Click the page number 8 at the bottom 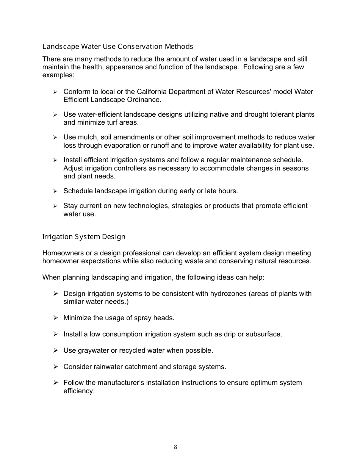175,447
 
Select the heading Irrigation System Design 84,237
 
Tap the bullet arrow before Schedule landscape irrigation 55,191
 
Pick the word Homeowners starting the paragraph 61,253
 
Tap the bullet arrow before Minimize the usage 55,317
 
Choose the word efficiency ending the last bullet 78,391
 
